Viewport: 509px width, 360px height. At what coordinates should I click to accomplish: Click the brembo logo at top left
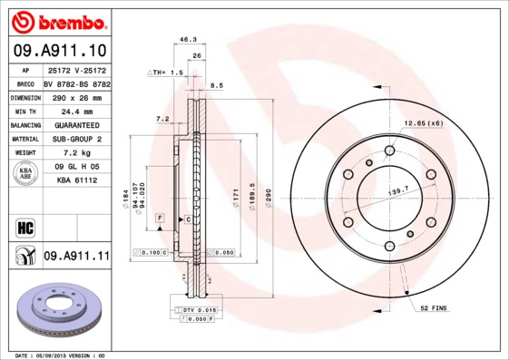pyautogui.click(x=57, y=20)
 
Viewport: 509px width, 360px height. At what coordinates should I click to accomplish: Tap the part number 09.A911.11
pyautogui.click(x=76, y=257)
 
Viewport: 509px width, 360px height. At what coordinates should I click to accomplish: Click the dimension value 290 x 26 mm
pyautogui.click(x=76, y=96)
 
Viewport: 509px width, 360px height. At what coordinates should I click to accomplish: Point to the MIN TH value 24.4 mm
pyautogui.click(x=76, y=110)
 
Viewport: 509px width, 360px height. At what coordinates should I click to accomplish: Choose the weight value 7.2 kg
pyautogui.click(x=76, y=153)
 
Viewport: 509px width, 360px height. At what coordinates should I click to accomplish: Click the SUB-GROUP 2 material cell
pyautogui.click(x=76, y=139)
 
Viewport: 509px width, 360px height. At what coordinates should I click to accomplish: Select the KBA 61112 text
pyautogui.click(x=76, y=181)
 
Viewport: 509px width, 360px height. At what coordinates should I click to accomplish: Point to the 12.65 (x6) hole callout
pyautogui.click(x=423, y=122)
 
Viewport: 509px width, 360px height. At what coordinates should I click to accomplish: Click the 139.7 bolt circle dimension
pyautogui.click(x=398, y=191)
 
